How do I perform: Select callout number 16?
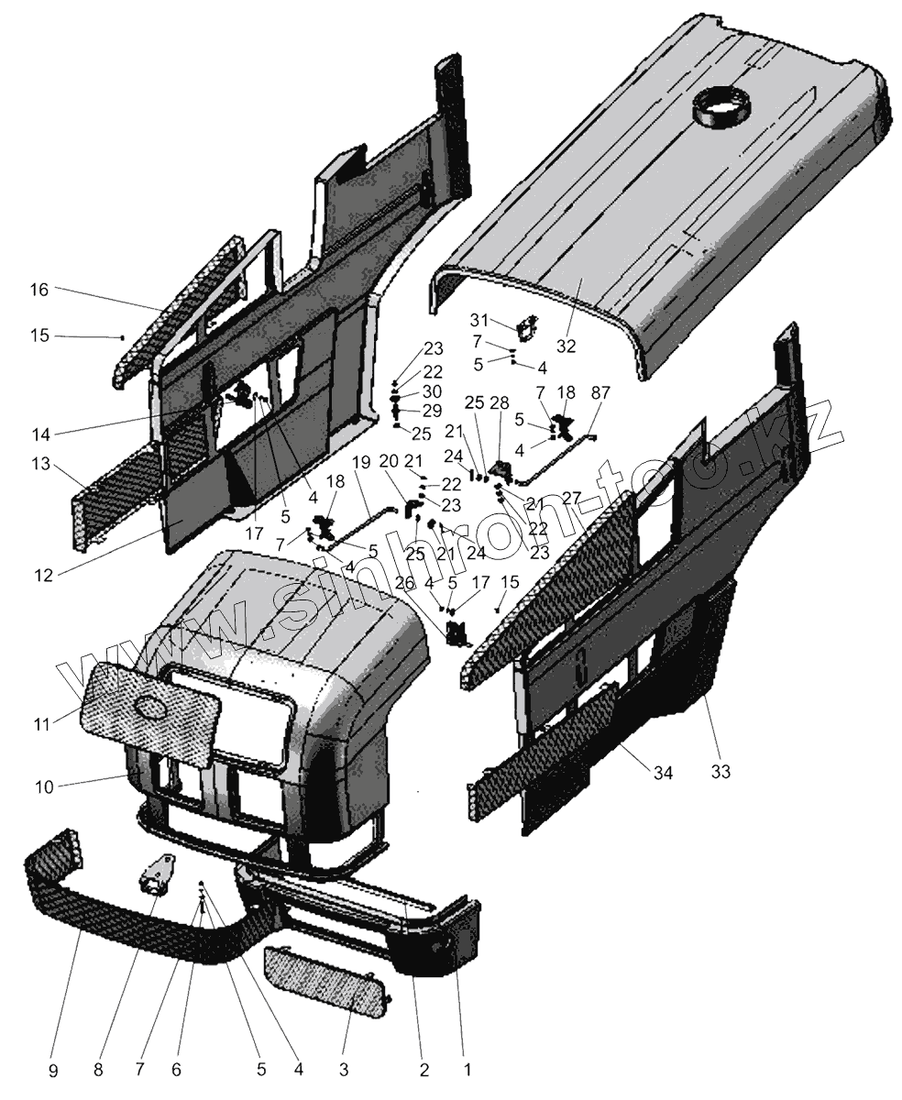(x=38, y=290)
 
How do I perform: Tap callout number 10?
(x=45, y=786)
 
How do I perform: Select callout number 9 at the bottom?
(x=53, y=1068)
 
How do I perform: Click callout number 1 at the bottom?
(x=467, y=1068)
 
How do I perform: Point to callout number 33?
(x=721, y=771)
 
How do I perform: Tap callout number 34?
(x=662, y=774)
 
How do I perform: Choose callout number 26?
(x=404, y=581)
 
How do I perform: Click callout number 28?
(x=499, y=402)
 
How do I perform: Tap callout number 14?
(x=38, y=434)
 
